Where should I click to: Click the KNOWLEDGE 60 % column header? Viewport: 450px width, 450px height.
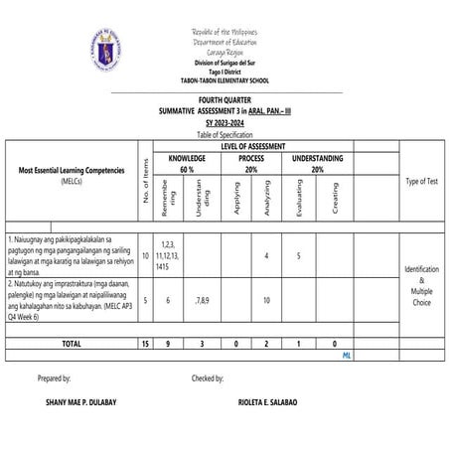pyautogui.click(x=186, y=164)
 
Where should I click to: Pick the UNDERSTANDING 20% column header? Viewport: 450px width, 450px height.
pyautogui.click(x=317, y=164)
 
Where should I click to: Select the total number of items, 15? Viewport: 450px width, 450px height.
pyautogui.click(x=145, y=343)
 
